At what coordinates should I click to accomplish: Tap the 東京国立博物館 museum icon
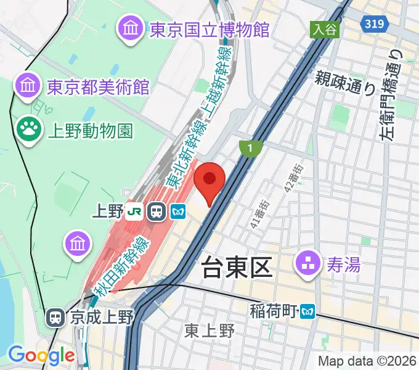click(132, 29)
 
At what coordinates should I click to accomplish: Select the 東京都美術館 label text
click(98, 86)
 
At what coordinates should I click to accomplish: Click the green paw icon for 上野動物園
click(28, 130)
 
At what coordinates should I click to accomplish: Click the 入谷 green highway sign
click(325, 29)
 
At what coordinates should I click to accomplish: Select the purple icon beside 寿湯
click(307, 265)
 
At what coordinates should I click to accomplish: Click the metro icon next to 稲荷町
click(307, 312)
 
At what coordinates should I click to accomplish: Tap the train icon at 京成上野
click(55, 318)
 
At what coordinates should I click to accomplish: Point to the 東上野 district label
click(209, 331)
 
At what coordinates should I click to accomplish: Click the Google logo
click(41, 355)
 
